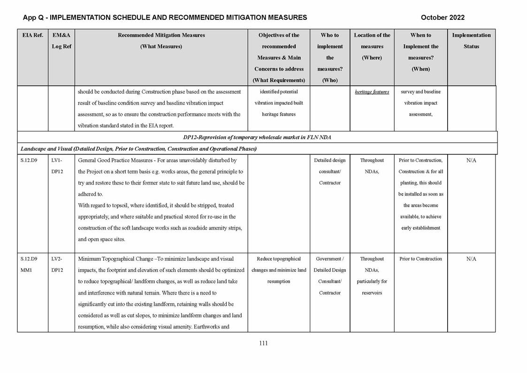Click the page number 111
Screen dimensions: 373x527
click(x=263, y=343)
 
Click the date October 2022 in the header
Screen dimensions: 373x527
click(x=443, y=17)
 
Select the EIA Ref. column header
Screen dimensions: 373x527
click(x=32, y=35)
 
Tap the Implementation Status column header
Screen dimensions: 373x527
click(x=471, y=41)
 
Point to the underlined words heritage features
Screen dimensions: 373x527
click(x=372, y=92)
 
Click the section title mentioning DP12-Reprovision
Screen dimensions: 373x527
click(x=257, y=137)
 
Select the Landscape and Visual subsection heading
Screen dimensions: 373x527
click(x=138, y=149)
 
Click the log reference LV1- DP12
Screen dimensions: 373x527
click(x=57, y=166)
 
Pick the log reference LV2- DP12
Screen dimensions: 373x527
click(x=57, y=264)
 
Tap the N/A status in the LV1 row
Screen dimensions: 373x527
click(x=471, y=161)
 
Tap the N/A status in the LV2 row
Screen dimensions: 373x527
click(x=471, y=259)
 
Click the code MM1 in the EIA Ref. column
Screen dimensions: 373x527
click(x=27, y=270)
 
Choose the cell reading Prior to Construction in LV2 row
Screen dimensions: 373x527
click(x=420, y=259)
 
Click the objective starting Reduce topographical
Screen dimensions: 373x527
click(x=279, y=259)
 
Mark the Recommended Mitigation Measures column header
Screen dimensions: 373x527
click(x=161, y=35)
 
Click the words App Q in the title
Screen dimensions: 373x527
click(x=34, y=17)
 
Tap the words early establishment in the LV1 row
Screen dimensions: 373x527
click(x=420, y=228)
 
